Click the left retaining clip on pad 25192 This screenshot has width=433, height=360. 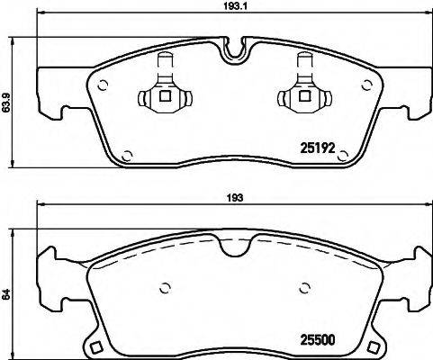coord(163,91)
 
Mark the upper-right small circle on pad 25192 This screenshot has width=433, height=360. coord(365,86)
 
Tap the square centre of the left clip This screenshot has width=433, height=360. coord(163,96)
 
